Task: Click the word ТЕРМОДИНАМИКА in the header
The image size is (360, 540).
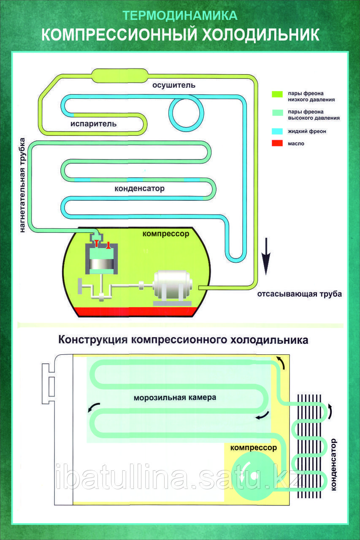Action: [x=180, y=16]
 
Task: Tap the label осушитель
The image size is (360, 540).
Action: [x=174, y=85]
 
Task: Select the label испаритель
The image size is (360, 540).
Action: [x=93, y=124]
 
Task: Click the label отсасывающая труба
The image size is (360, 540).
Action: [x=299, y=294]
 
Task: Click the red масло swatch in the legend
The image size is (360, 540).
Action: [x=277, y=143]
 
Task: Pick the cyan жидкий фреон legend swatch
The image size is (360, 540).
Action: [x=277, y=131]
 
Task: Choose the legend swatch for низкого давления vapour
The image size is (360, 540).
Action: [x=277, y=94]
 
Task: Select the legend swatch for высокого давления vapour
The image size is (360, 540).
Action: [x=277, y=113]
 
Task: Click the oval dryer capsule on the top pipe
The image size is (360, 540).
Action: [x=119, y=76]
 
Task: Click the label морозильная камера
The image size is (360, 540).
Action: [x=175, y=397]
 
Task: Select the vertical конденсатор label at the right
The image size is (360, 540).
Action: [x=334, y=464]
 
